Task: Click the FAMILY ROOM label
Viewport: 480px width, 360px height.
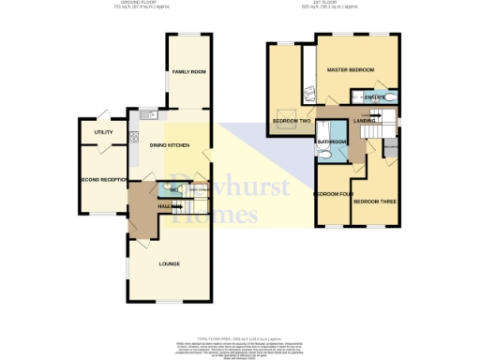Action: [188, 72]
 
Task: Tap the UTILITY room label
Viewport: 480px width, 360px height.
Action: [103, 133]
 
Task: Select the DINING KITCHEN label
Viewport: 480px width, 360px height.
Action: [172, 145]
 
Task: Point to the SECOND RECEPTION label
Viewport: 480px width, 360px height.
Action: [102, 179]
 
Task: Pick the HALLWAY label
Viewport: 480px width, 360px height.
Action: [143, 205]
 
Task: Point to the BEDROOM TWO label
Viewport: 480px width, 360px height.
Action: [292, 121]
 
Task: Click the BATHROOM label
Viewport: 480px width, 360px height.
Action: [332, 142]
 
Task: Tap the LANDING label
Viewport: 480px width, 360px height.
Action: [366, 120]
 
